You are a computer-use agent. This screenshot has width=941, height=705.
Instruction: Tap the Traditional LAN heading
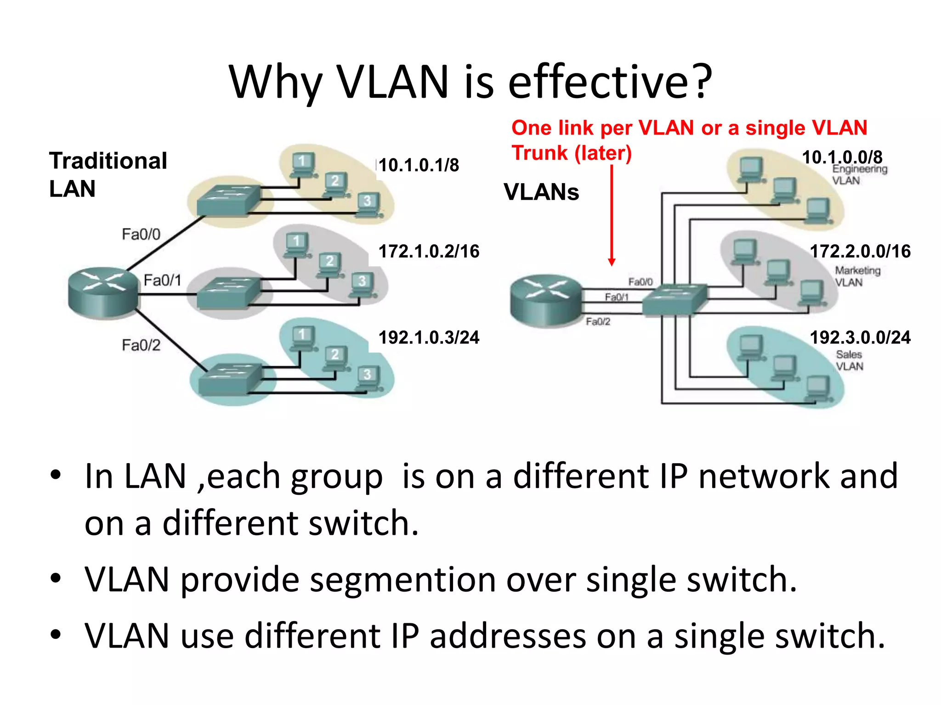pos(108,174)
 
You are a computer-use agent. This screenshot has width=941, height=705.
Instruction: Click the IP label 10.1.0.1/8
pos(419,165)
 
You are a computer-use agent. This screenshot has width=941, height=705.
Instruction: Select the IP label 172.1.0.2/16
pos(429,252)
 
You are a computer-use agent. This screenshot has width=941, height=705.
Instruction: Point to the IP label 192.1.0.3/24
pos(429,338)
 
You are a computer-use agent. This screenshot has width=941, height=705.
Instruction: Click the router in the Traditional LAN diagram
pos(103,292)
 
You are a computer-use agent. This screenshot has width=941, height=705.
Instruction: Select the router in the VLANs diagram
pos(545,301)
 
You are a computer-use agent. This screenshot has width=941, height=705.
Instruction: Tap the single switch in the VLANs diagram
pos(674,300)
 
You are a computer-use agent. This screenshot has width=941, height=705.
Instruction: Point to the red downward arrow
pos(612,216)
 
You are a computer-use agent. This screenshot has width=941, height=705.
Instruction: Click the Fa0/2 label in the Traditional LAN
pos(141,345)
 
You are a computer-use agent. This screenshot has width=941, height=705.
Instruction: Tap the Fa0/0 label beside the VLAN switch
pos(641,282)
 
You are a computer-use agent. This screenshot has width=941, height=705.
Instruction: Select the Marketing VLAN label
pos(857,276)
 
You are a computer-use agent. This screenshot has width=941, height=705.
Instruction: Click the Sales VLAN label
pos(849,360)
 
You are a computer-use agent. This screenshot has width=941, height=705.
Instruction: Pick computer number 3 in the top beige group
pos(368,204)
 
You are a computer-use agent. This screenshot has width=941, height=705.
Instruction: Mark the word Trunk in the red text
pos(539,153)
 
